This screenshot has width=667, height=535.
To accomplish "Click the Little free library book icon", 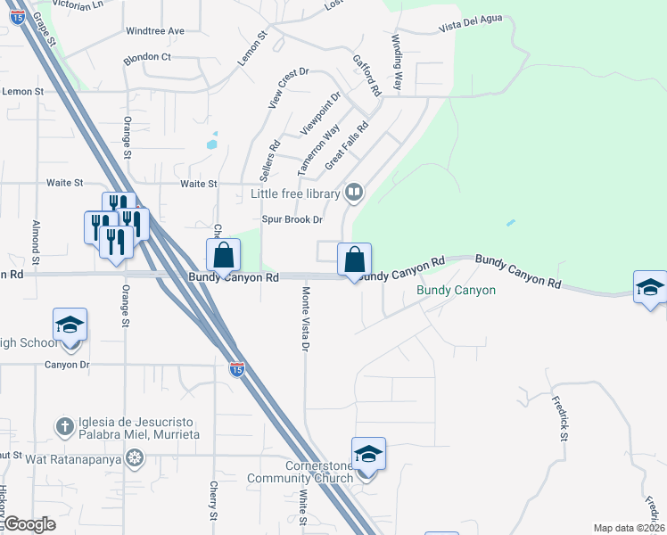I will coord(354,193).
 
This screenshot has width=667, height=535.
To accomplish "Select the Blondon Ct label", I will coord(148,57).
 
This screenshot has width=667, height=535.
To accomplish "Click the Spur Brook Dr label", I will coord(292,219).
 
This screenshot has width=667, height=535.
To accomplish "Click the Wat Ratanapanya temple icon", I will coord(135,459).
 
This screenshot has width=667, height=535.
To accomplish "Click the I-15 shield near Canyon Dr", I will coord(236,368).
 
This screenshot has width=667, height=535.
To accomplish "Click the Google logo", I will coord(29,524).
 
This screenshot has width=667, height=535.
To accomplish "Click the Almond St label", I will coord(37,243).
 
